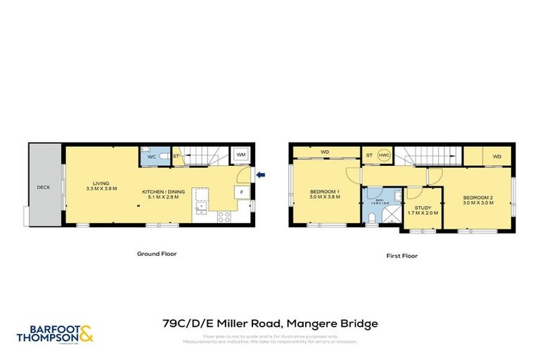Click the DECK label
[43, 188]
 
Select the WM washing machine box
[241, 155]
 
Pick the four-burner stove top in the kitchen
[224, 217]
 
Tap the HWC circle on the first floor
[384, 155]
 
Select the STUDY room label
[423, 210]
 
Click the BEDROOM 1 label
[325, 194]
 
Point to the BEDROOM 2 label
[478, 199]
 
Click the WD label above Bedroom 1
[325, 151]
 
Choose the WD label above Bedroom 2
[496, 156]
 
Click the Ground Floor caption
[156, 254]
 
